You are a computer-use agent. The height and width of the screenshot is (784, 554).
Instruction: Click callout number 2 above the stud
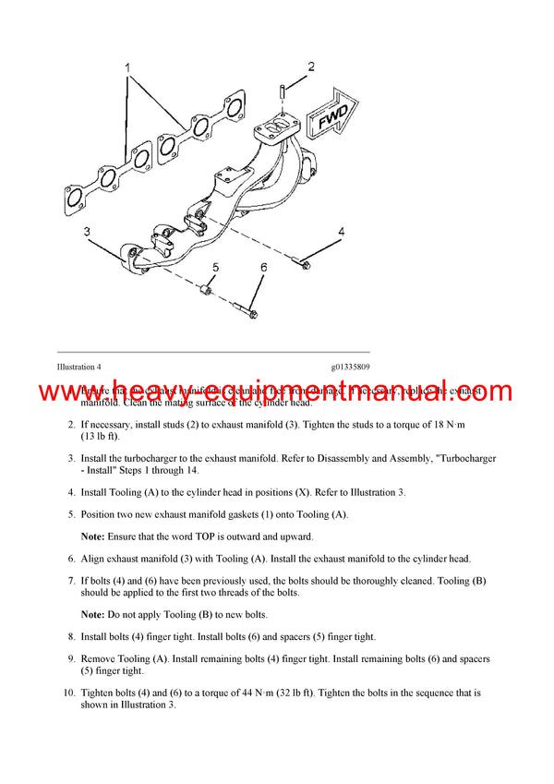311,66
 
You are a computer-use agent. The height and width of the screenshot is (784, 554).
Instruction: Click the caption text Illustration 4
78,368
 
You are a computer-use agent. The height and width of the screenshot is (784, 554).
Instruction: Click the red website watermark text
276,392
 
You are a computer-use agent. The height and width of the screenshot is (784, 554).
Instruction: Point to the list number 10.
69,692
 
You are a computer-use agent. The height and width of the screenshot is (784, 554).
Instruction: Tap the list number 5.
71,513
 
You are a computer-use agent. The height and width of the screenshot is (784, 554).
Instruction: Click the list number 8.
71,636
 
